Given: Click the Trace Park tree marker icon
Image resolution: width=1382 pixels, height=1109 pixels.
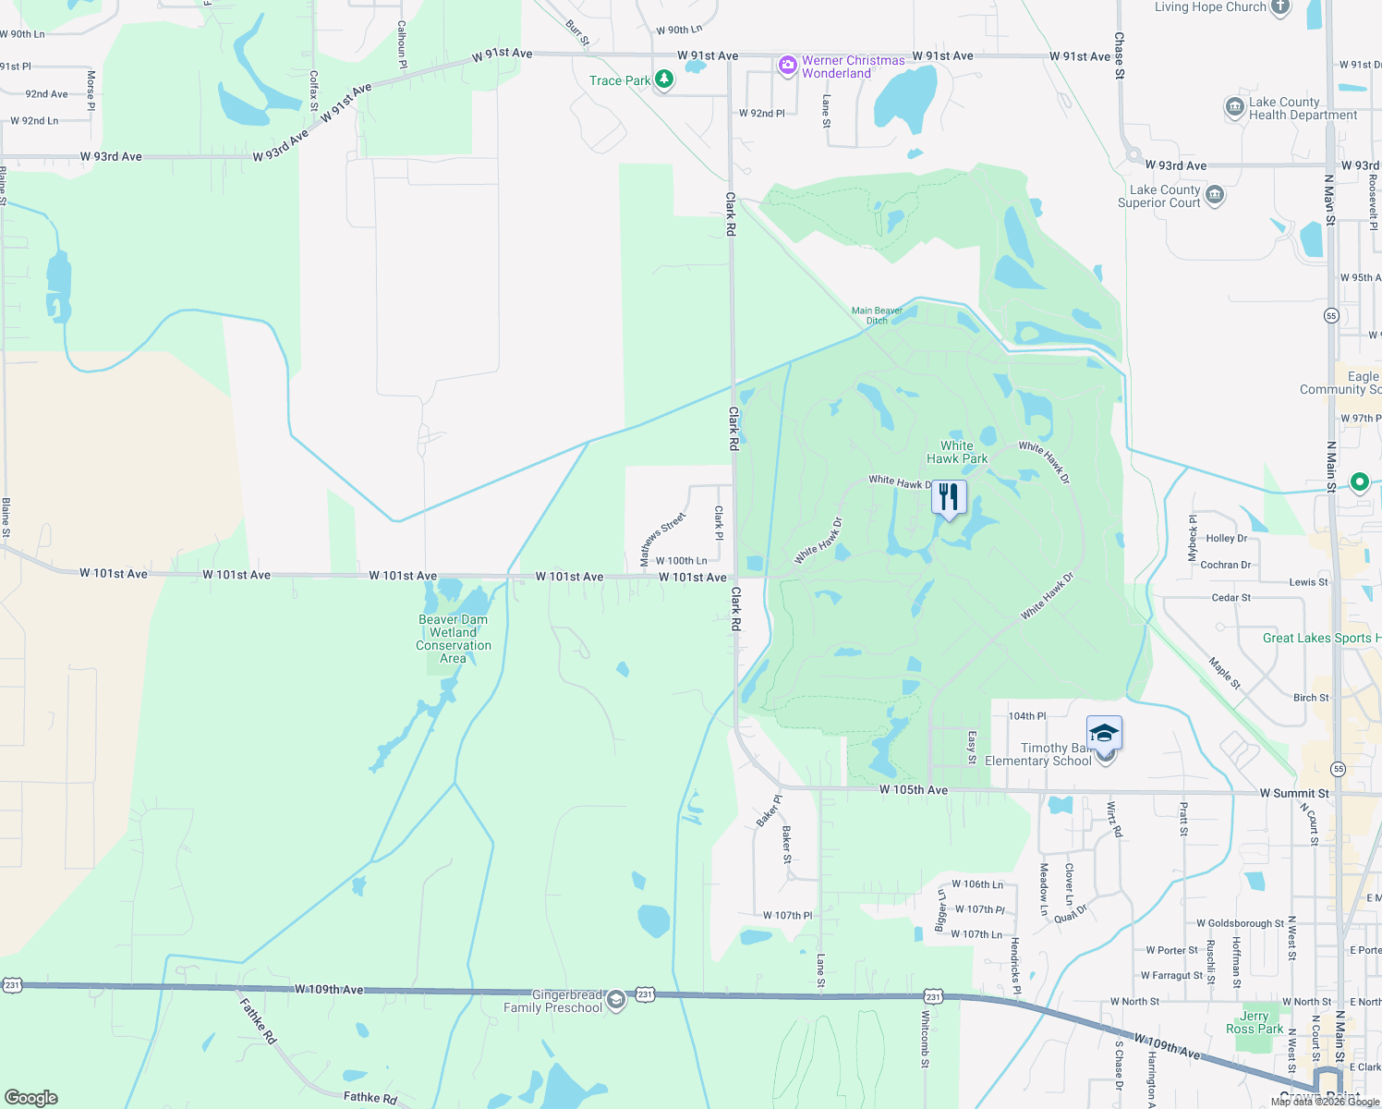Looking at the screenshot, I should click(664, 80).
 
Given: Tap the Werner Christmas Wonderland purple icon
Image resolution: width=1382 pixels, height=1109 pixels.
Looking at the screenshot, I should click(787, 65).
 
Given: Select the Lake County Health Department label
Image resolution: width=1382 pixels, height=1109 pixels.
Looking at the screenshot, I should click(1303, 109).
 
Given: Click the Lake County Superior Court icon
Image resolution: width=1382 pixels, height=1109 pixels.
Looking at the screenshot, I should click(1215, 195).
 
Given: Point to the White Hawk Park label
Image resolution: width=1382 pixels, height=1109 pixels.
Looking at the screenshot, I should click(957, 452).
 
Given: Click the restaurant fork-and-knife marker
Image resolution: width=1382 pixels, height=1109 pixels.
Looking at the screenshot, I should click(949, 497).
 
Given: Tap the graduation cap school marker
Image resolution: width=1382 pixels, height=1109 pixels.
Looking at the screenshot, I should click(1104, 734).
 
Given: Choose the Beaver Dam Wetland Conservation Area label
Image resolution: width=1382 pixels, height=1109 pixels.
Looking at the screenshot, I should click(454, 639).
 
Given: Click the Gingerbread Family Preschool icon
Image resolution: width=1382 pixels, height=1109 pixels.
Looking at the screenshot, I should click(616, 1001).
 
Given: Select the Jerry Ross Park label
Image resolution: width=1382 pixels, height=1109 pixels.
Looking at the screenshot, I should click(1255, 1022).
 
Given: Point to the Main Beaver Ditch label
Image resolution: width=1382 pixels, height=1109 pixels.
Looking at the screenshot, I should click(877, 315).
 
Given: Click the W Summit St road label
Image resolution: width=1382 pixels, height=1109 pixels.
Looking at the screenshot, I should click(1294, 793).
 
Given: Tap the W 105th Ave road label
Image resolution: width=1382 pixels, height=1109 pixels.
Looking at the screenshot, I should click(913, 789).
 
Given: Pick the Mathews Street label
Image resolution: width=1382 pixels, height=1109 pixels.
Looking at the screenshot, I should click(663, 539).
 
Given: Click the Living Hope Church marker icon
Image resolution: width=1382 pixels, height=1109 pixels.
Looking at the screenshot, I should click(1279, 7).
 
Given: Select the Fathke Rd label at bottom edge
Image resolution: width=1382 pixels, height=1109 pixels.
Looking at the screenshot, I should click(370, 1097).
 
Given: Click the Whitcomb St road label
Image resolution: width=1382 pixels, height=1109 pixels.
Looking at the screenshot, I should click(925, 1039).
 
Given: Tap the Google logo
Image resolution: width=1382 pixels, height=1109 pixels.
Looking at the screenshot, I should click(31, 1097).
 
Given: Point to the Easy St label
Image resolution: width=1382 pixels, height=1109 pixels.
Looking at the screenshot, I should click(971, 747).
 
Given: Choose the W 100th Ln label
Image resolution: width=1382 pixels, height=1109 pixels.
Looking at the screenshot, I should click(681, 561).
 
